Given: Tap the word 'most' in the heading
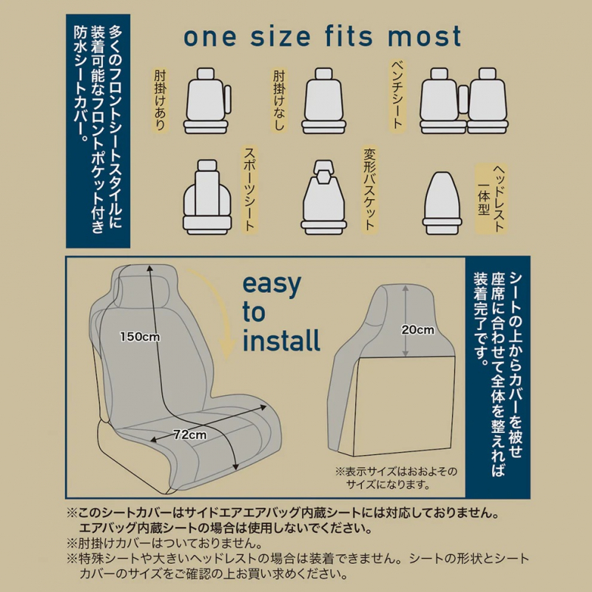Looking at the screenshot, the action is [x=424, y=36].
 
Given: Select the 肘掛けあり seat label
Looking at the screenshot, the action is [x=161, y=101].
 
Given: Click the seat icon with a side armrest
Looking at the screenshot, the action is [x=207, y=101].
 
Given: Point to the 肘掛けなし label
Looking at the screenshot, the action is [x=279, y=101].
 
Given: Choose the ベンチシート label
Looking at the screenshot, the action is [x=397, y=95].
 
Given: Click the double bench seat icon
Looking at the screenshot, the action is [x=464, y=101].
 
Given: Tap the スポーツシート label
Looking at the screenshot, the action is [x=249, y=189].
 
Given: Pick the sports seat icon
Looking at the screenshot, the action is [x=207, y=197].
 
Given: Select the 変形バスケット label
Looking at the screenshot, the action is [x=369, y=189].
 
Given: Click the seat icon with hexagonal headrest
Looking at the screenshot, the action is [x=323, y=197].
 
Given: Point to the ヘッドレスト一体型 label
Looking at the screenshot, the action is [x=491, y=198].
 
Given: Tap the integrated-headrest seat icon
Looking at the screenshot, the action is [x=442, y=203].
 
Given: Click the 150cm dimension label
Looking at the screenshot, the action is [x=140, y=337].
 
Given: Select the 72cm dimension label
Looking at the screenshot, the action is [x=190, y=435].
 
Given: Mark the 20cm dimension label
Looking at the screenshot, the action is [x=417, y=329].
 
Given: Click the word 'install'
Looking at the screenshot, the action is [x=281, y=340].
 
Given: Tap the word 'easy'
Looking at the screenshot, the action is [x=272, y=285].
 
